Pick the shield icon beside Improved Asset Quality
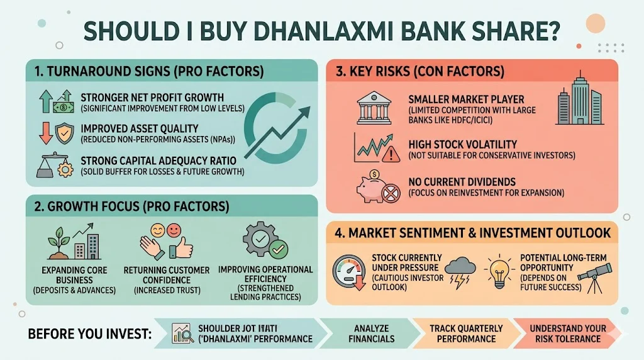65,134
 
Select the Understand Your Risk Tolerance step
567,334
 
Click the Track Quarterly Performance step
466,334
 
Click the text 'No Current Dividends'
462,182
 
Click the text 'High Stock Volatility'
462,144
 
